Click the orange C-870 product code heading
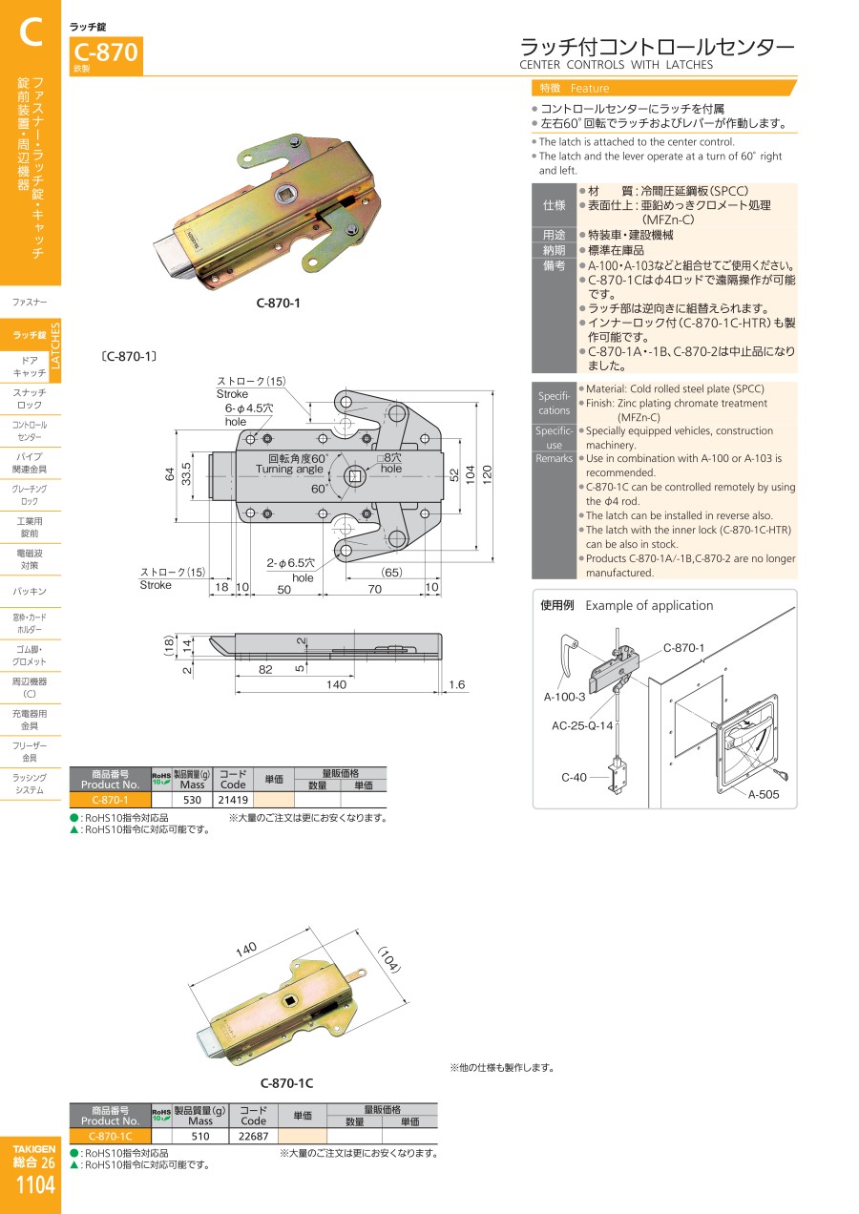coord(106,52)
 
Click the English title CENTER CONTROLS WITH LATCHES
coord(616,65)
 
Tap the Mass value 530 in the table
coord(192,800)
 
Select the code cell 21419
coord(233,800)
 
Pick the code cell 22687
coord(253,1136)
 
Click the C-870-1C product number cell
coord(111,1136)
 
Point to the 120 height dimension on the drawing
coord(487,474)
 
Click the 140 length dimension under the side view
coord(336,684)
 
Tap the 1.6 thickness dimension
coord(456,684)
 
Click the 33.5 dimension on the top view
coord(186,473)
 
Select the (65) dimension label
coord(391,573)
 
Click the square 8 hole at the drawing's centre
coord(355,476)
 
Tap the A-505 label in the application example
coord(763,794)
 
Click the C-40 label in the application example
coord(574,777)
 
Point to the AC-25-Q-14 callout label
coord(582,725)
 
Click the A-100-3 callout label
coord(564,697)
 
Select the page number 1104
coord(35,1184)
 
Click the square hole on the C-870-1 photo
coord(284,193)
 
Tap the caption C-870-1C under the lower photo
coord(286,1083)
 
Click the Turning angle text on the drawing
coord(289,470)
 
